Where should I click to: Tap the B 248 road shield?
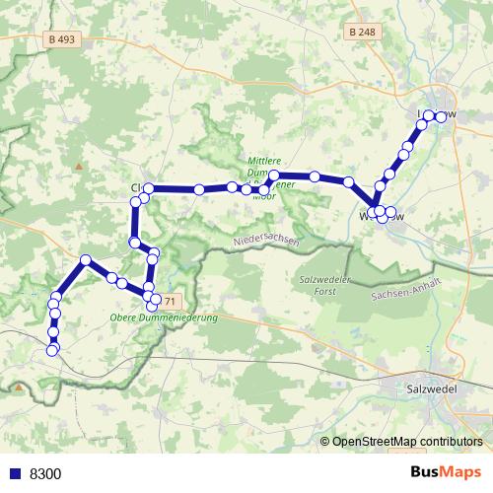pyautogui.click(x=362, y=33)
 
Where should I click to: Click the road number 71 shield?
pyautogui.click(x=170, y=301)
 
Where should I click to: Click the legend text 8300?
pyautogui.click(x=45, y=473)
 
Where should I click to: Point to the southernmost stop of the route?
pyautogui.click(x=52, y=349)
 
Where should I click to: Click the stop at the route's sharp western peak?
pyautogui.click(x=86, y=260)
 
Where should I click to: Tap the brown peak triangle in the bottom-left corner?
pyautogui.click(x=18, y=387)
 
